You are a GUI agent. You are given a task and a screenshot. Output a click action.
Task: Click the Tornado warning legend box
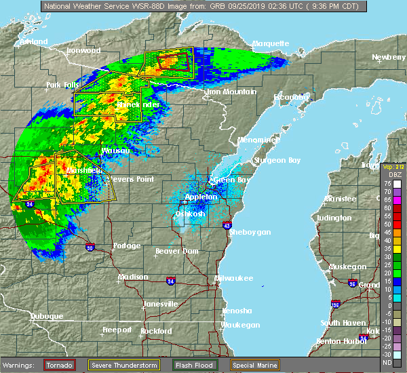[59, 366]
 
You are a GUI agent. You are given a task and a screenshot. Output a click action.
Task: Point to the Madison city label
[133, 277]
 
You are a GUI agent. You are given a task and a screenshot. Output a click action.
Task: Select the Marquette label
[271, 43]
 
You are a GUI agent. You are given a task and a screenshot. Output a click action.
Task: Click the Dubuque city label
[47, 316]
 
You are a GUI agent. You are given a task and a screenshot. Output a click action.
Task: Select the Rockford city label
[156, 331]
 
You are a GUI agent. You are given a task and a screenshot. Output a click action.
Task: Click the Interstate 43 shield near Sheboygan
[227, 225]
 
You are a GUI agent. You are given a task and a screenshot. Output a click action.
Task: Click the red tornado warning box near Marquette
[172, 62]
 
